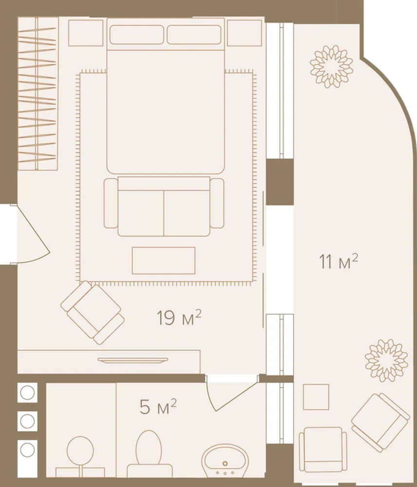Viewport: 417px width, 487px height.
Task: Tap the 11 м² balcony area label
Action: pyautogui.click(x=339, y=262)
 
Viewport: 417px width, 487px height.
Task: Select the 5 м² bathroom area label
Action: pyautogui.click(x=158, y=407)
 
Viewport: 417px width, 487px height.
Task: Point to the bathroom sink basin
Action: pyautogui.click(x=225, y=460)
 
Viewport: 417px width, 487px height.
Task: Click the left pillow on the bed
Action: pyautogui.click(x=137, y=35)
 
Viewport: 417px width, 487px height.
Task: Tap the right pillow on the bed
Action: pyautogui.click(x=194, y=35)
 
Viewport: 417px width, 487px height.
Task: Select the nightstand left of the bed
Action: pyautogui.click(x=86, y=33)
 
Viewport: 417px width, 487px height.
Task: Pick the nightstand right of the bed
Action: pyautogui.click(x=245, y=33)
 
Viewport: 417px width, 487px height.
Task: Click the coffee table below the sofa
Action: pyautogui.click(x=164, y=261)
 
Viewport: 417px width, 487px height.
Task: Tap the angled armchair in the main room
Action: pyautogui.click(x=93, y=313)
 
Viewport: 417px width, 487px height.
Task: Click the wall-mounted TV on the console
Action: pyautogui.click(x=133, y=360)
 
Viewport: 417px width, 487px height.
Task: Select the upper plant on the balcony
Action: pyautogui.click(x=331, y=66)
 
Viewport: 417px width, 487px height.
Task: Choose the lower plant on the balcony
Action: pyautogui.click(x=386, y=360)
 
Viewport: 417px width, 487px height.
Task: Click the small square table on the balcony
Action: pyautogui.click(x=316, y=397)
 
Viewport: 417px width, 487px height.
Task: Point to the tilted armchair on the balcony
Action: pyautogui.click(x=380, y=422)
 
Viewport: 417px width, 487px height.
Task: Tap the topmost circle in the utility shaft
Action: pyautogui.click(x=27, y=393)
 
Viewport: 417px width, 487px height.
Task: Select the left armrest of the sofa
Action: pyautogui.click(x=111, y=203)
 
